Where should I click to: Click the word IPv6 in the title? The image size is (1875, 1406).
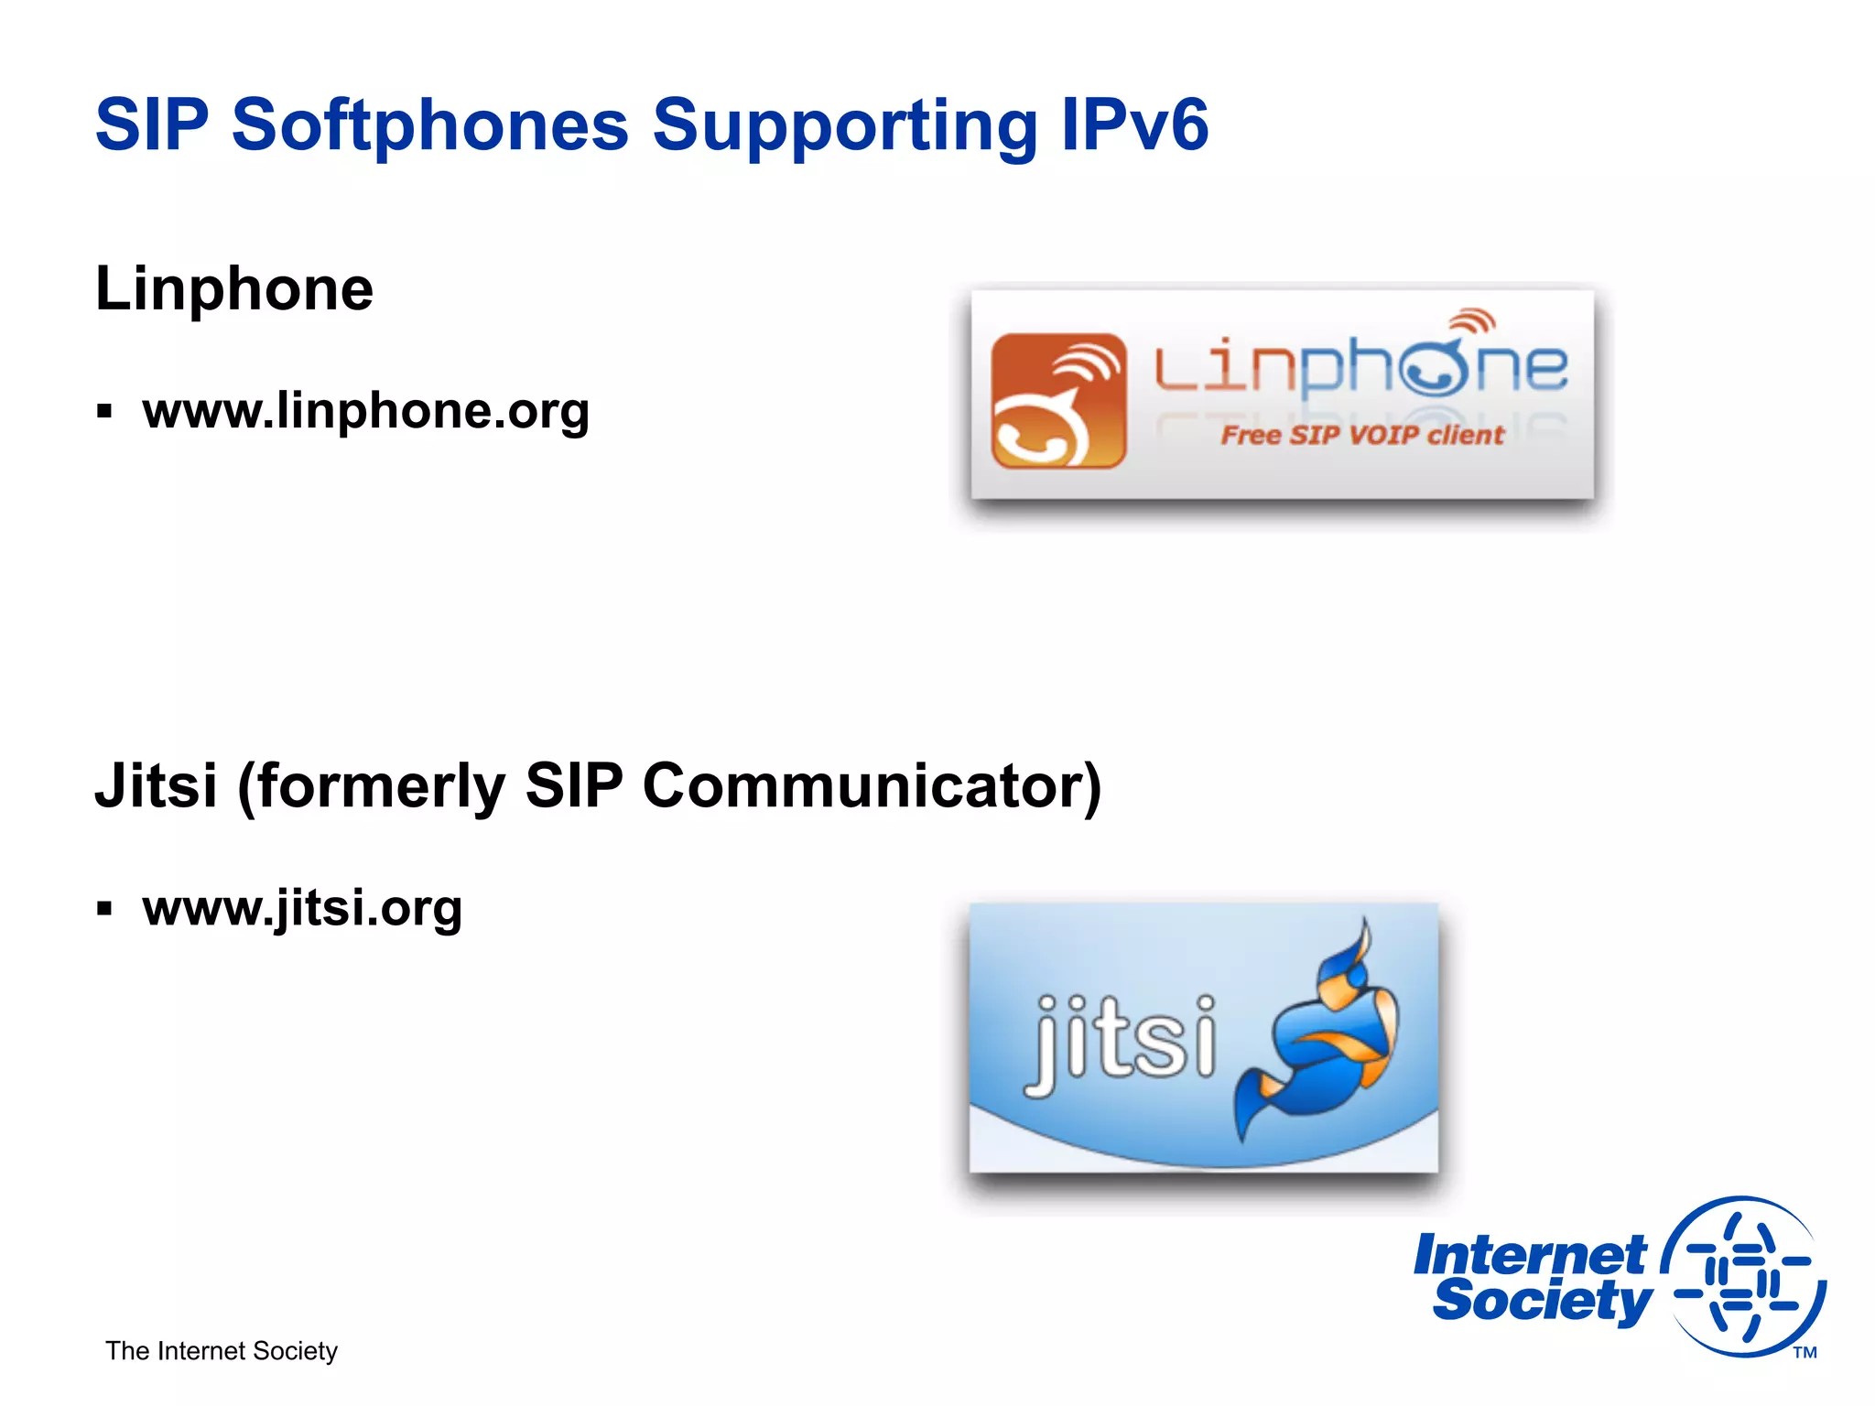coord(1135,125)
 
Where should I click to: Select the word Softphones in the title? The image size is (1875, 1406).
coord(430,125)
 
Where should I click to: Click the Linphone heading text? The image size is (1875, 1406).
coord(234,289)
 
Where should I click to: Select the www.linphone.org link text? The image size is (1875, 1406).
coord(365,411)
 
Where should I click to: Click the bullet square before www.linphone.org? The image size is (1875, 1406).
coord(104,412)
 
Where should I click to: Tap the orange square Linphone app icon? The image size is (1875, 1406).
coord(1058,401)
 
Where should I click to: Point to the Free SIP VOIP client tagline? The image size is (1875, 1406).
coord(1361,435)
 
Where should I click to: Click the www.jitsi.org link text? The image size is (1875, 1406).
coord(302,908)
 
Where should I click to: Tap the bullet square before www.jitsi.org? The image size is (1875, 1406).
coord(104,909)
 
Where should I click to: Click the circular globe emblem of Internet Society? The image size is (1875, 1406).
coord(1744,1276)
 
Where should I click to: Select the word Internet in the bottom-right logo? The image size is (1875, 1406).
coord(1529,1255)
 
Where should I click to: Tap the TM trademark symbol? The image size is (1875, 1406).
coord(1805,1352)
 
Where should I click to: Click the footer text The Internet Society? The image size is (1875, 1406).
coord(222,1351)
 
